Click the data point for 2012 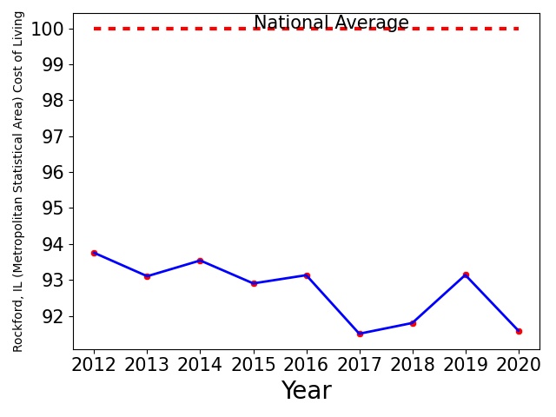tap(94, 253)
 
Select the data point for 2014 tap(200, 261)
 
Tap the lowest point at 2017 tap(360, 334)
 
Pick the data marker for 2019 tap(466, 275)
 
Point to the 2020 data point tap(519, 332)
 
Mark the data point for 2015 tap(254, 284)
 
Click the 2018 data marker tap(413, 323)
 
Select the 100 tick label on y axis tap(48, 29)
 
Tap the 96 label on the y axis tap(53, 173)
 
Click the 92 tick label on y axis tap(53, 316)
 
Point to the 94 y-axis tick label tap(53, 245)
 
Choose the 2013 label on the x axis tap(147, 365)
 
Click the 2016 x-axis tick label tap(307, 365)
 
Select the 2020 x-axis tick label tap(519, 365)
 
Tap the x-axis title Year tap(307, 390)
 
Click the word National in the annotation tap(291, 23)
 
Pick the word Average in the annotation tap(372, 23)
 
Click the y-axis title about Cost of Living tap(17, 182)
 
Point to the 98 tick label tap(53, 101)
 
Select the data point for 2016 tap(307, 275)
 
